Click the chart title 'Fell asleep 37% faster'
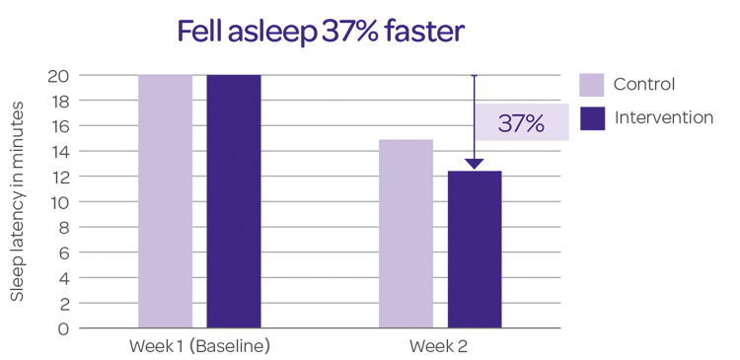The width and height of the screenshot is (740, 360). pos(320,32)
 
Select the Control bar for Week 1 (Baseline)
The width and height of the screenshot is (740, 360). pos(165,201)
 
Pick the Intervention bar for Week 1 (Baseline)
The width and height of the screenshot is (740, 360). pos(234,201)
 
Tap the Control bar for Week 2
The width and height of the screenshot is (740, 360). pos(406,234)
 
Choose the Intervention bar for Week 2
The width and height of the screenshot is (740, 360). pos(475,250)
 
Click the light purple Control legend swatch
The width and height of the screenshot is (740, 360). pos(592,84)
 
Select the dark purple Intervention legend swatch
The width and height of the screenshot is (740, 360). pos(592,118)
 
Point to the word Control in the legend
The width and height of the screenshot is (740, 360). pos(644,84)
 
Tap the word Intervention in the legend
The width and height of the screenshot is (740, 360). pos(663,118)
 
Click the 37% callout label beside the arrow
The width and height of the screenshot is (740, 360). pos(521,123)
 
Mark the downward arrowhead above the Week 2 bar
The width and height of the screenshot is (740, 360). pos(475,164)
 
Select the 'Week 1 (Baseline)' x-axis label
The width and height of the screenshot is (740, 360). pos(199,347)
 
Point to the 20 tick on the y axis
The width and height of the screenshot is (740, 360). pos(58,76)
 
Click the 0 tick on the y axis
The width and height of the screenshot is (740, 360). pos(62,328)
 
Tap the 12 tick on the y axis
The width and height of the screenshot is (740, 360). pos(58,177)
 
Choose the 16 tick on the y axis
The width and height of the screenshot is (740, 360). pos(58,126)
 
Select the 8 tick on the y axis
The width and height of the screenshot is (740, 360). pos(62,228)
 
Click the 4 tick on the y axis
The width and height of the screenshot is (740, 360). pos(62,278)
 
